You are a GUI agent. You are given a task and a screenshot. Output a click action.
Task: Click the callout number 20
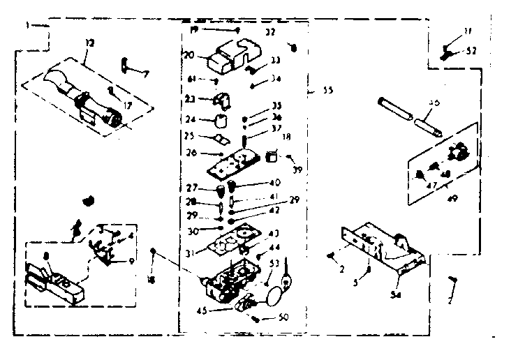tap(188, 55)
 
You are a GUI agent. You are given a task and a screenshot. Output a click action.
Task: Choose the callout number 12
tap(88, 43)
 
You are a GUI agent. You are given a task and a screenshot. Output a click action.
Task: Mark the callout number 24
tap(191, 119)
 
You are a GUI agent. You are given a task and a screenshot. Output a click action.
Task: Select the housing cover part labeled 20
tap(230, 54)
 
